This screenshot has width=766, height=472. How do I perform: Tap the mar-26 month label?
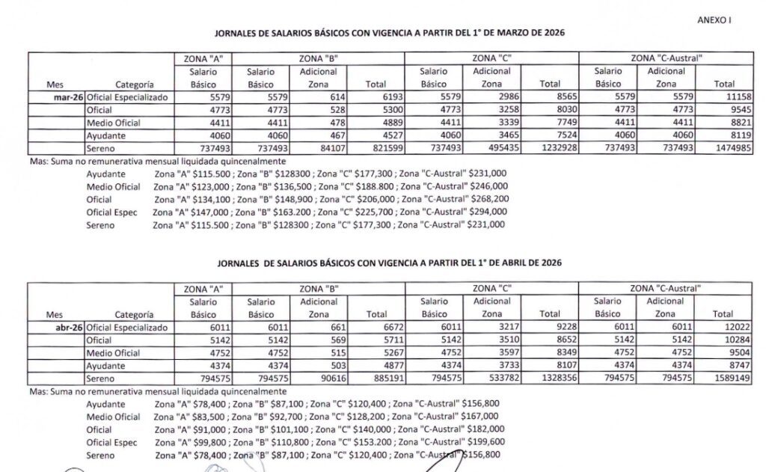point(72,97)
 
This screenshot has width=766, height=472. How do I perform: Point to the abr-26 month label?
point(72,328)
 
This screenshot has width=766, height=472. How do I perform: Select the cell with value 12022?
point(720,328)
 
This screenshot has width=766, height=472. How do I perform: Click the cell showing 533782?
point(496,378)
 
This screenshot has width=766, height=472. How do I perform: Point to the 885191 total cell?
point(376,378)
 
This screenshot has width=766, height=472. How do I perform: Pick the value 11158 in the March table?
point(720,97)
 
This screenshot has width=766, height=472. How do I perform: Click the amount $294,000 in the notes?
point(485,212)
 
